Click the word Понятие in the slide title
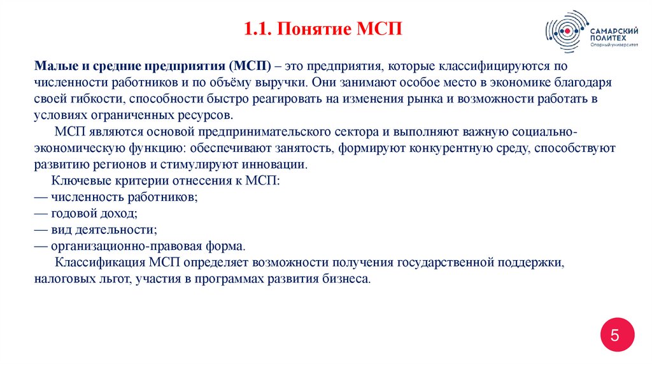coord(306,29)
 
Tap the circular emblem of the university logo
coord(564,31)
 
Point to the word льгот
coord(113,279)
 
